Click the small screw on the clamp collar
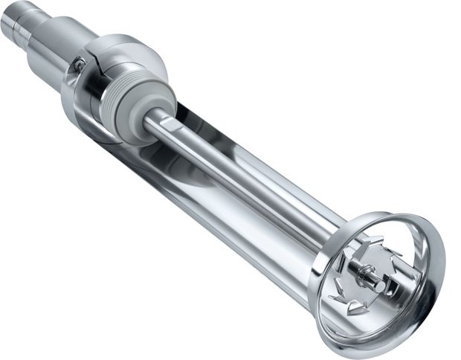(x=79, y=65)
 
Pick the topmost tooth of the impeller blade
(x=376, y=240)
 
